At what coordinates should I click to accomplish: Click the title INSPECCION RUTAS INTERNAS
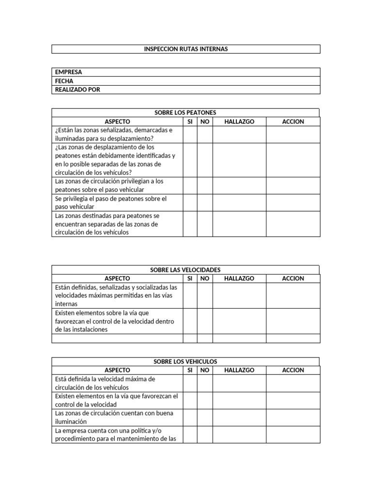[186, 49]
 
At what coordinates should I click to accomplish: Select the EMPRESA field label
[68, 72]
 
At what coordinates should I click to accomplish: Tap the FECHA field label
[64, 81]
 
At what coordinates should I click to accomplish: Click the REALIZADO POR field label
[77, 90]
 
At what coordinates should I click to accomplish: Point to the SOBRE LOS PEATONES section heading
[185, 112]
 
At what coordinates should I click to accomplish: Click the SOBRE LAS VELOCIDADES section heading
[185, 269]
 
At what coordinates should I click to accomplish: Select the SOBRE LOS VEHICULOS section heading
[185, 361]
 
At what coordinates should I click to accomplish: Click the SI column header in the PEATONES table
[190, 122]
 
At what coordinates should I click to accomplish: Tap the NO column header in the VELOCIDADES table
[205, 279]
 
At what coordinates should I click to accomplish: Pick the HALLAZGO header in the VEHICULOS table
[239, 370]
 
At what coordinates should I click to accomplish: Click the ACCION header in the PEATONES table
[293, 122]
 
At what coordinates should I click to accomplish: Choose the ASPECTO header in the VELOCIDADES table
[117, 279]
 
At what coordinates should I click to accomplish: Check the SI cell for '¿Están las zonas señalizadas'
[190, 134]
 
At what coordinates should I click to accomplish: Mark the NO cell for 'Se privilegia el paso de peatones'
[205, 202]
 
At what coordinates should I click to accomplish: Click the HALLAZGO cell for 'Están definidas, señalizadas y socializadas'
[239, 295]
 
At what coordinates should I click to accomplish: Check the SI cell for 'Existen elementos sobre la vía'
[190, 321]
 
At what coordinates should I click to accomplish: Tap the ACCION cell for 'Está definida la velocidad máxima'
[293, 383]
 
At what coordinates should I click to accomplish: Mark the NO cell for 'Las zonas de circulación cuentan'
[205, 418]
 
